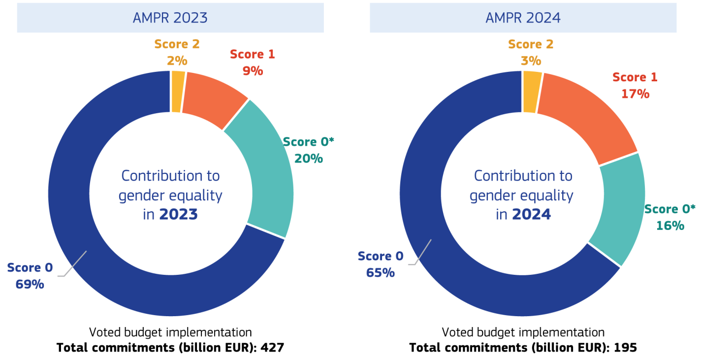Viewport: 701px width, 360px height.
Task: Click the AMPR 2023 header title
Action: click(x=170, y=18)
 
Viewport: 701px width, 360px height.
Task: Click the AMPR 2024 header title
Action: click(x=523, y=18)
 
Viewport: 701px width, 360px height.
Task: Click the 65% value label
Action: click(x=380, y=272)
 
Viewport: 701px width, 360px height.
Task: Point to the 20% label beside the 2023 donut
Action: click(x=309, y=159)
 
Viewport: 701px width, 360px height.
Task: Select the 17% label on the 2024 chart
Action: click(x=635, y=94)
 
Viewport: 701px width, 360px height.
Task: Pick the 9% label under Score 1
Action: click(x=253, y=71)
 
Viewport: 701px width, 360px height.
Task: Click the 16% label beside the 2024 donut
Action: click(x=670, y=226)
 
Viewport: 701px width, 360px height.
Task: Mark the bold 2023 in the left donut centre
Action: click(x=178, y=215)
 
